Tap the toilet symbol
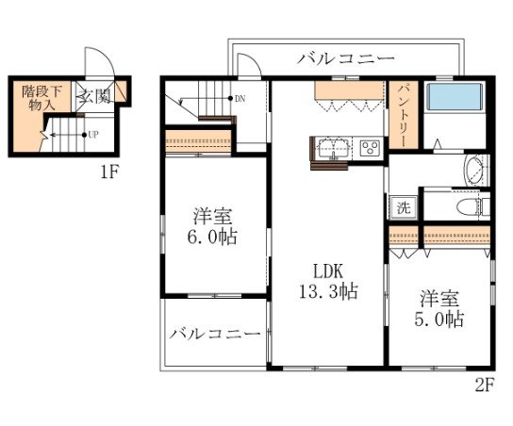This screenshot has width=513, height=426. coord(465,205)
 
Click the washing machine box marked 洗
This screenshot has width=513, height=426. coord(402,208)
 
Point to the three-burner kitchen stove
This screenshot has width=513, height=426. coord(369,147)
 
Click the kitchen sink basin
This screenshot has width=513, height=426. coord(332,147)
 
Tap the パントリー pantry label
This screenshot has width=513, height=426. coord(401,113)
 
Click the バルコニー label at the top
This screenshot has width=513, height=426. coord(346,58)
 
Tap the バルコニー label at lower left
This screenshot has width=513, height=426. coord(215,336)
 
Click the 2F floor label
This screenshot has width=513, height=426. coord(484,385)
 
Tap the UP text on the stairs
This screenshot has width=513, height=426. coord(92,135)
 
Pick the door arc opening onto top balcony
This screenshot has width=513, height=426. coord(247,65)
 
